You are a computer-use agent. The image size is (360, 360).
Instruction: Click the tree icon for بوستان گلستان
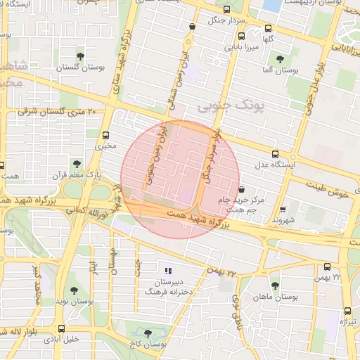point(80,54)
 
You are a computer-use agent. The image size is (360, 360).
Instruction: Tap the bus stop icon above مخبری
point(106,135)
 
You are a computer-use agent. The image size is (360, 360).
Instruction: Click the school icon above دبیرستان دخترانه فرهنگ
point(167,271)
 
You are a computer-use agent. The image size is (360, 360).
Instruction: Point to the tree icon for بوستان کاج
point(147,333)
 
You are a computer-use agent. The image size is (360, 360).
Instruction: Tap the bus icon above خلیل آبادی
point(61,328)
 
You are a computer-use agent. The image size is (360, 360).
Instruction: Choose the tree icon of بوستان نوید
point(74,290)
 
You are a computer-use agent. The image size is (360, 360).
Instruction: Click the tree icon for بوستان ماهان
point(274,285)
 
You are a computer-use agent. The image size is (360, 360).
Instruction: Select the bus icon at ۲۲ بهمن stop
point(327,266)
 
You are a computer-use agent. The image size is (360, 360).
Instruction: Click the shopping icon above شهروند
point(283,209)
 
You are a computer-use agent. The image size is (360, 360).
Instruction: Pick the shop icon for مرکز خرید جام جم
point(241,189)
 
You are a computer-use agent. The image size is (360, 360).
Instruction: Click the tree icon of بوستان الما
point(281,59)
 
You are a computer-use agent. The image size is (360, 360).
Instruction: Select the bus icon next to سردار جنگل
point(226,10)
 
